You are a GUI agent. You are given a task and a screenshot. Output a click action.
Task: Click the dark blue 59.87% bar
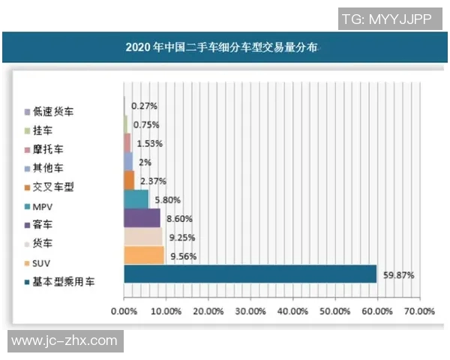click(x=250, y=274)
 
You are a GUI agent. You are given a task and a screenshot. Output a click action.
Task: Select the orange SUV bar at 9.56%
click(x=144, y=256)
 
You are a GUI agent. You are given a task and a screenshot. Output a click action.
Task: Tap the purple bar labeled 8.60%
click(x=142, y=218)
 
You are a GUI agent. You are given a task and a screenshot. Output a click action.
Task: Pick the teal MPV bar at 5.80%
click(x=136, y=199)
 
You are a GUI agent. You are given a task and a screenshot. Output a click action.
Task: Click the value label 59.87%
click(x=399, y=274)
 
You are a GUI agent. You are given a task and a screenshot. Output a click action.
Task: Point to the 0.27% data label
click(x=144, y=106)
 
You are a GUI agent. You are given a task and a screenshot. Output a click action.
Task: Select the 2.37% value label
click(x=151, y=181)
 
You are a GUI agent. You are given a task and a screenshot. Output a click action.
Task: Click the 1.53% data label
click(x=148, y=143)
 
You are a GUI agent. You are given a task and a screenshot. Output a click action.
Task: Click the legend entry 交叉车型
click(x=54, y=187)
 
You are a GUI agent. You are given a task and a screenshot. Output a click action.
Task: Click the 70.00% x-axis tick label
click(x=419, y=310)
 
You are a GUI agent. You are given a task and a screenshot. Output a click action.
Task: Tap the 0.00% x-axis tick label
click(x=124, y=310)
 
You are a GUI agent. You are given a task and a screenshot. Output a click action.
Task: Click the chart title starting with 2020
click(x=222, y=47)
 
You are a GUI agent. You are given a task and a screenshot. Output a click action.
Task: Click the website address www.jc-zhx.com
click(x=64, y=341)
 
